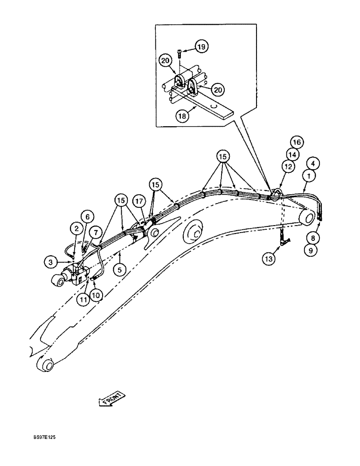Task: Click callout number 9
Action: tap(310, 249)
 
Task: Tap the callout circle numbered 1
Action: tap(308, 176)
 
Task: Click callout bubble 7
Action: tap(96, 232)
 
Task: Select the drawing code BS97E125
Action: tap(46, 438)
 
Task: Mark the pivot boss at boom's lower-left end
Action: tap(44, 364)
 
